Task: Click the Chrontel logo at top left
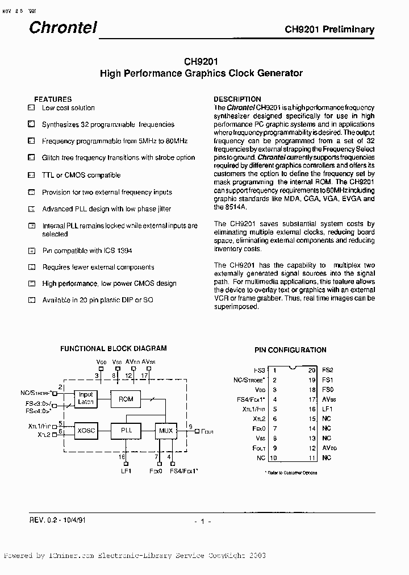(63, 27)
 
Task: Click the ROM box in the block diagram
(126, 399)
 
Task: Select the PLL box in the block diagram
(126, 431)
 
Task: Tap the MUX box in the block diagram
(166, 431)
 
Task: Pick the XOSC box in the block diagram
(86, 431)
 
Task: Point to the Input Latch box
(86, 398)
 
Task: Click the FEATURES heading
(53, 99)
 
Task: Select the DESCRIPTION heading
(237, 99)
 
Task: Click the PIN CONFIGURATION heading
(290, 350)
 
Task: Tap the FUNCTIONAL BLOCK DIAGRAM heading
(114, 348)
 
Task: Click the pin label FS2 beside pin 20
(327, 369)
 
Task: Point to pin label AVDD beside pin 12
(329, 448)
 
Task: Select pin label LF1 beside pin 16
(327, 409)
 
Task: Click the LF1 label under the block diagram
(125, 471)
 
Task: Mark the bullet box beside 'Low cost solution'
(31, 107)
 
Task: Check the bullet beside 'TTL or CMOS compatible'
(31, 175)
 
